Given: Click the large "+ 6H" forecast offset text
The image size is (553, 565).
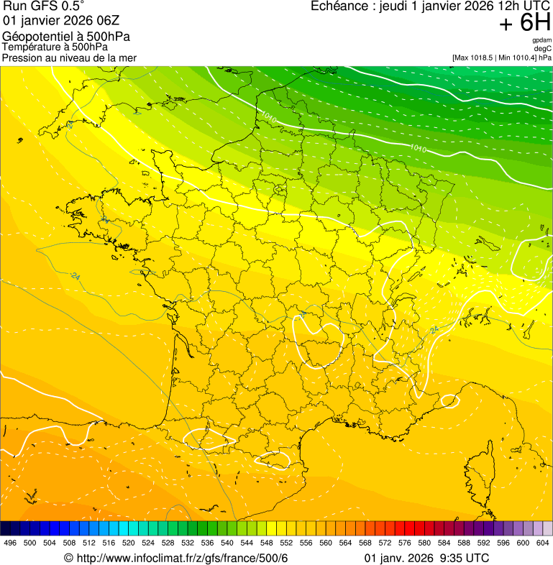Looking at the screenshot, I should click(x=524, y=24).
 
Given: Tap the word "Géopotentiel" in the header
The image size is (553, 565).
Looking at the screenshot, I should click(x=35, y=37).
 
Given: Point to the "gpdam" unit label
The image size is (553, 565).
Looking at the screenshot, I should click(x=541, y=40).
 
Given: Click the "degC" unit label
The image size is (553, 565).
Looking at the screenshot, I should click(x=543, y=48).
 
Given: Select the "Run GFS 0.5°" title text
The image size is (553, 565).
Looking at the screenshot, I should click(x=43, y=6).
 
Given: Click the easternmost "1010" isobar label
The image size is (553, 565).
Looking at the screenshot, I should click(x=419, y=149).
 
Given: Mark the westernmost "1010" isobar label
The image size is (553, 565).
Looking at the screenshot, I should click(x=268, y=116).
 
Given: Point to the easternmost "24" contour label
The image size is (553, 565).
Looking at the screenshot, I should click(x=434, y=330).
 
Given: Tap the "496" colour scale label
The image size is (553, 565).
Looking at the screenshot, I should click(x=10, y=543).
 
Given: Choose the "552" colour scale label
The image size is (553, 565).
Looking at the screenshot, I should click(x=286, y=543).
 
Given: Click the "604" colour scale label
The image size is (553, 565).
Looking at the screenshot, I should click(x=542, y=543).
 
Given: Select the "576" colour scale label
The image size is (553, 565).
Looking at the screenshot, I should click(x=405, y=543).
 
